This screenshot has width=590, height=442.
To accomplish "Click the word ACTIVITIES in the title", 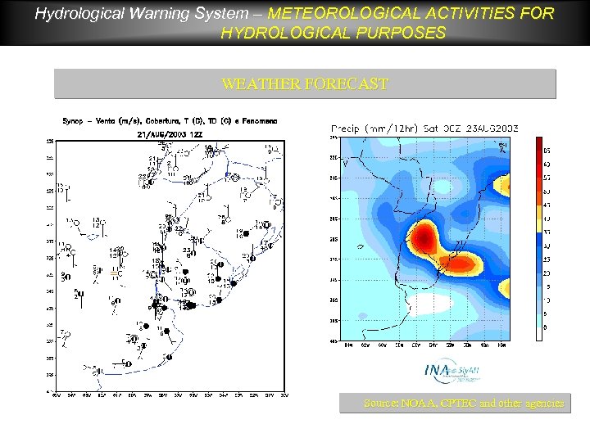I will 455,14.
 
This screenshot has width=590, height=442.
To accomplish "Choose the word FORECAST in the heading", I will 347,84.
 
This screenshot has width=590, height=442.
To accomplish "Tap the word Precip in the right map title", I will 347,129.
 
